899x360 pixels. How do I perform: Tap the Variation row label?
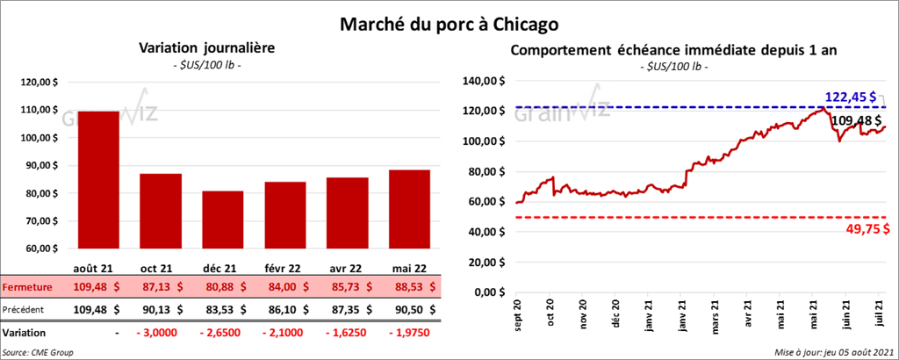[x=25, y=333]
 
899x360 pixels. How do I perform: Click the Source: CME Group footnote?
[x=38, y=351]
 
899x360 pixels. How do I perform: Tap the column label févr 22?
[x=286, y=267]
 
